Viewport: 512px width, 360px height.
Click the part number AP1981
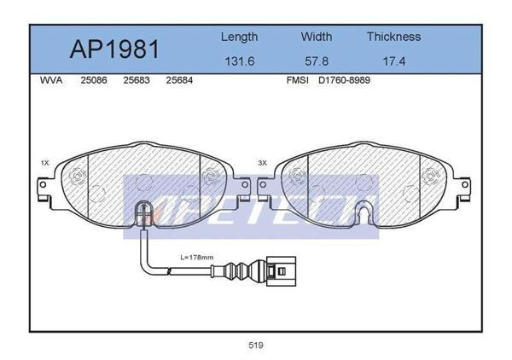coord(114,49)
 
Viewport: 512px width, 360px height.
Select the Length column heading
coord(239,38)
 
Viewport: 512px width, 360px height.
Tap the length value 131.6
coord(240,61)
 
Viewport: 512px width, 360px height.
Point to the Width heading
coord(317,37)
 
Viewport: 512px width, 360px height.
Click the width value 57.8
coord(317,61)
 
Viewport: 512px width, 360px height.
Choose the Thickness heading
coord(393,37)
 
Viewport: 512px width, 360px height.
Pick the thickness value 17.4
coord(393,61)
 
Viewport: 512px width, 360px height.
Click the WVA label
coord(51,80)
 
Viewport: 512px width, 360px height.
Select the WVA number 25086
coord(94,80)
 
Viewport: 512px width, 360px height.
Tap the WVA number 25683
coord(137,80)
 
